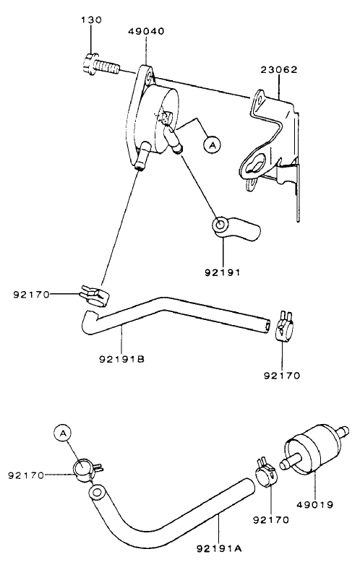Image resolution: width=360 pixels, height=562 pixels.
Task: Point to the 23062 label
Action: [279, 70]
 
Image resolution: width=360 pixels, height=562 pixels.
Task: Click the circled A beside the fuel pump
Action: [212, 145]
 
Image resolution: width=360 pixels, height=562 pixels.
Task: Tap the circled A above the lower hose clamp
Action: [64, 433]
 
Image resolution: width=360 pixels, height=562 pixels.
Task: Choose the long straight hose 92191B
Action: [181, 315]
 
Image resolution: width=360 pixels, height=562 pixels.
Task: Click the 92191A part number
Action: [218, 550]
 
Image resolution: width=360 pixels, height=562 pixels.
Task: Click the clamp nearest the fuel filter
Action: [264, 473]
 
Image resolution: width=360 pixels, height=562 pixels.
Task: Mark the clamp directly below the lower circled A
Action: [86, 469]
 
